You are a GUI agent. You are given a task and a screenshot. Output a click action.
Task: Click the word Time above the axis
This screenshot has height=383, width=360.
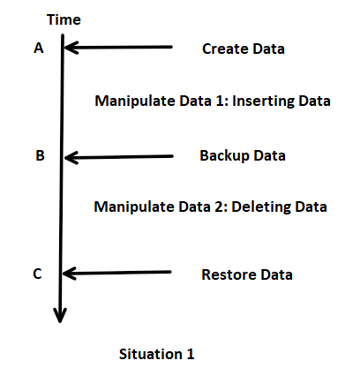click(64, 20)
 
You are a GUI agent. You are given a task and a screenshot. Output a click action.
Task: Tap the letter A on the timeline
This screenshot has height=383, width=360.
click(39, 48)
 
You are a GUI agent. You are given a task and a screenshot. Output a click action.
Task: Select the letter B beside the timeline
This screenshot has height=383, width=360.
click(40, 155)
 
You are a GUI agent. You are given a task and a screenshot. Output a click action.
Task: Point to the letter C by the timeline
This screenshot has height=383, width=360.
click(37, 274)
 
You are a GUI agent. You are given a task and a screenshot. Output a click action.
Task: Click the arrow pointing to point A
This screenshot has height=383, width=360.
click(118, 47)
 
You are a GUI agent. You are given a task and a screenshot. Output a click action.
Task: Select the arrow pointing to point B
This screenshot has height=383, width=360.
click(119, 157)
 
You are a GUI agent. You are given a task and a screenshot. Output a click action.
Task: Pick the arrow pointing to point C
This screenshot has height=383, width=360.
click(116, 273)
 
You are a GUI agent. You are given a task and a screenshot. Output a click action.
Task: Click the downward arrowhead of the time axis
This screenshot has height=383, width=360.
click(60, 315)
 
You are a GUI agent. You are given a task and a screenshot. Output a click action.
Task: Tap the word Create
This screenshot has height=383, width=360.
click(225, 49)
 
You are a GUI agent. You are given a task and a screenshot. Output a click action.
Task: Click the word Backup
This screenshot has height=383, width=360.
click(224, 156)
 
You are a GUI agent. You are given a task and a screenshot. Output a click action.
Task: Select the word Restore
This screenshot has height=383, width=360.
click(229, 274)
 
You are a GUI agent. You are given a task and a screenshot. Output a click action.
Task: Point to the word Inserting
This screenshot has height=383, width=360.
click(263, 101)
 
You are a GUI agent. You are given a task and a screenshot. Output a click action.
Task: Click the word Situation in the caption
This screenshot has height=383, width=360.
click(151, 354)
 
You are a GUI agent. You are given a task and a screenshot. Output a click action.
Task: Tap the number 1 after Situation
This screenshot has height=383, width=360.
click(191, 354)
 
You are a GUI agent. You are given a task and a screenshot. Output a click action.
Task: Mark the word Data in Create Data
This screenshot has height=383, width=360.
click(268, 49)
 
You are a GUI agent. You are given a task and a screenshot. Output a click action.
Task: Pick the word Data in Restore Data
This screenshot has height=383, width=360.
click(276, 274)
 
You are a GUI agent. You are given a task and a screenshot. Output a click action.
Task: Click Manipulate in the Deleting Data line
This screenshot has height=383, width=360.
click(134, 207)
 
